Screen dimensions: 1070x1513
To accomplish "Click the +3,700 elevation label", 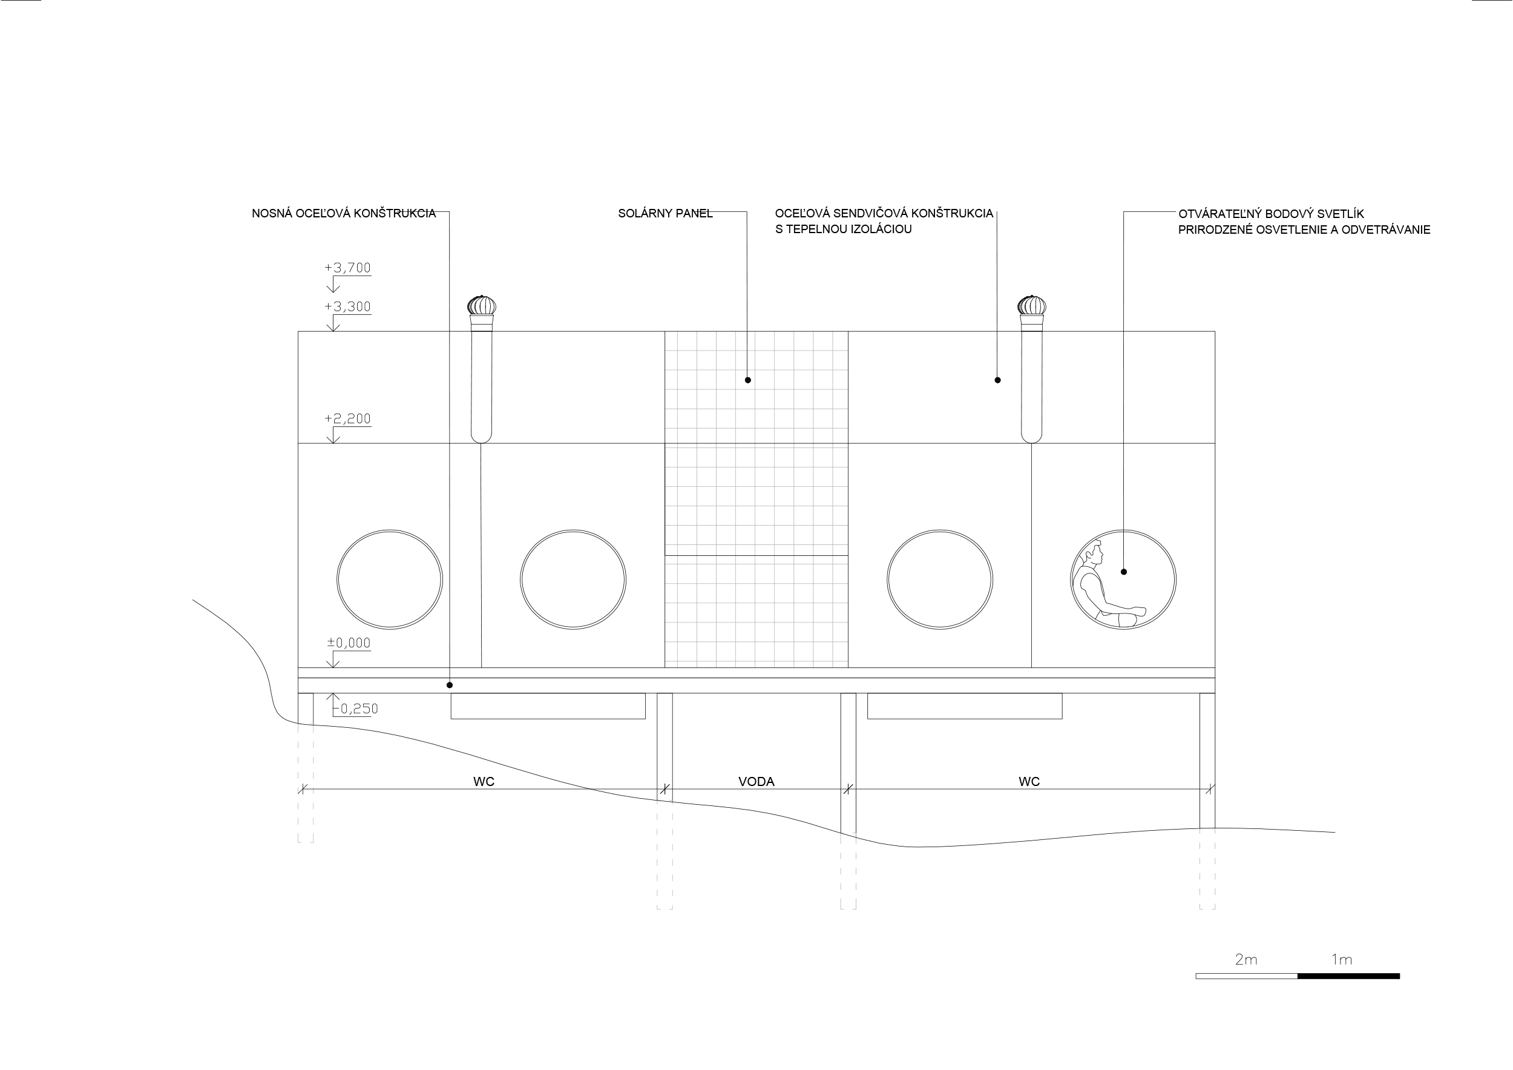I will point(347,268).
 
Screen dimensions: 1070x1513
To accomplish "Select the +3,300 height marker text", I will point(347,306).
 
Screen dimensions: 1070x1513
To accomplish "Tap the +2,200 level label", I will point(347,418).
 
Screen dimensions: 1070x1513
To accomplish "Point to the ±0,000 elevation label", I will point(349,643).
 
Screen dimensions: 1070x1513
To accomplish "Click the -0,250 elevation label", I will point(356,708).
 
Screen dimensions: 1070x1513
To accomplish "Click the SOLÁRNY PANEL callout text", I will point(665,214).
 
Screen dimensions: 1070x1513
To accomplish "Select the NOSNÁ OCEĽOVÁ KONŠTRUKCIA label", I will point(343,214).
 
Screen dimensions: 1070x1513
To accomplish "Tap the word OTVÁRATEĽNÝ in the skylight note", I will point(1219,214).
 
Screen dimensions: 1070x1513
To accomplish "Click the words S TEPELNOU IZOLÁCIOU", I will point(843,230).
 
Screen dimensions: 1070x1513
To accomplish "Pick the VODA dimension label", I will point(756,782).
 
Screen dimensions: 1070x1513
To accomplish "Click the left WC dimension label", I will point(484,782).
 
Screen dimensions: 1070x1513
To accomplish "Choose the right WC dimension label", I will point(1029,782).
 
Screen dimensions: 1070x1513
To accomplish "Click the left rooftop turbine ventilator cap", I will point(482,306).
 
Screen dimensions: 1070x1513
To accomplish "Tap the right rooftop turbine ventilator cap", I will point(1031,306).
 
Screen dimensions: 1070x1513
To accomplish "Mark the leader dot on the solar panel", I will point(748,380).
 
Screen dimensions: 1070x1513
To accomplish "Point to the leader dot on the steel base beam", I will point(450,685).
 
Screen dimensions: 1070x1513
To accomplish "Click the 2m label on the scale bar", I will point(1246,960).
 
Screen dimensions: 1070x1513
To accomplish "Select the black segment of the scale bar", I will point(1348,976).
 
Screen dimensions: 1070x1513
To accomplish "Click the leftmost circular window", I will point(390,580).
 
